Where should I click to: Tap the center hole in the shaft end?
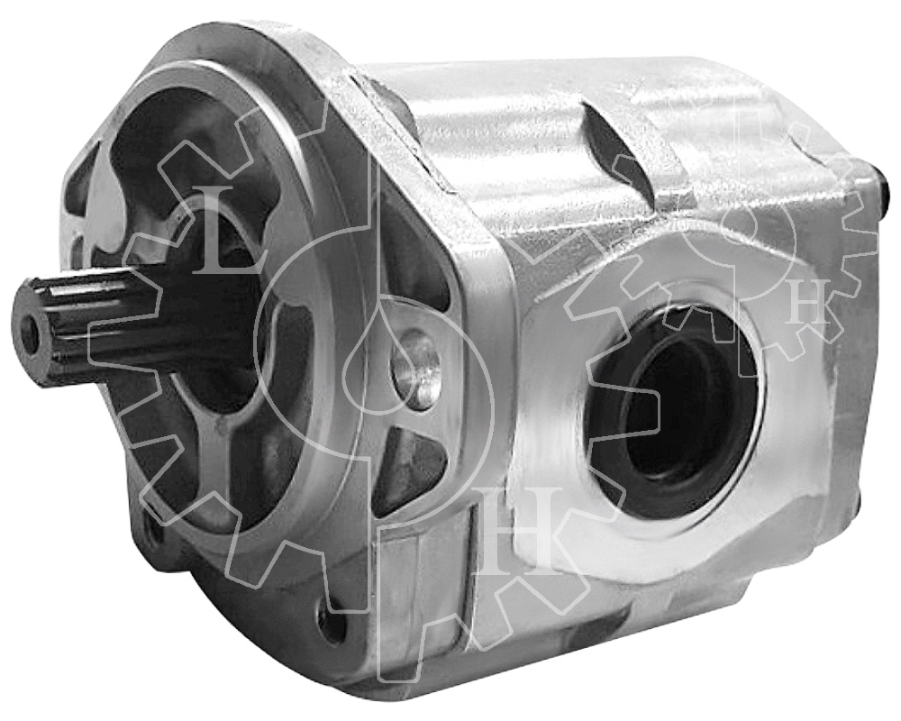click(31, 334)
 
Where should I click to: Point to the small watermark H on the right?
click(806, 306)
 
